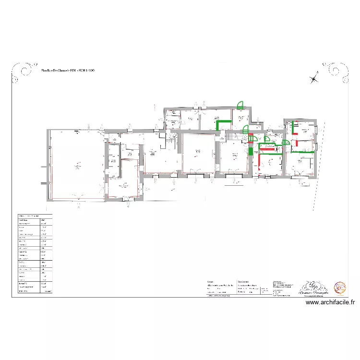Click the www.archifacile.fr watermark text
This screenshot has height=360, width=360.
click(x=331, y=302)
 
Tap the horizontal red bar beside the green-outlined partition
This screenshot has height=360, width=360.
click(x=267, y=149)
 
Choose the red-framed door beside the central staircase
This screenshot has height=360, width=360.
click(x=251, y=138)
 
